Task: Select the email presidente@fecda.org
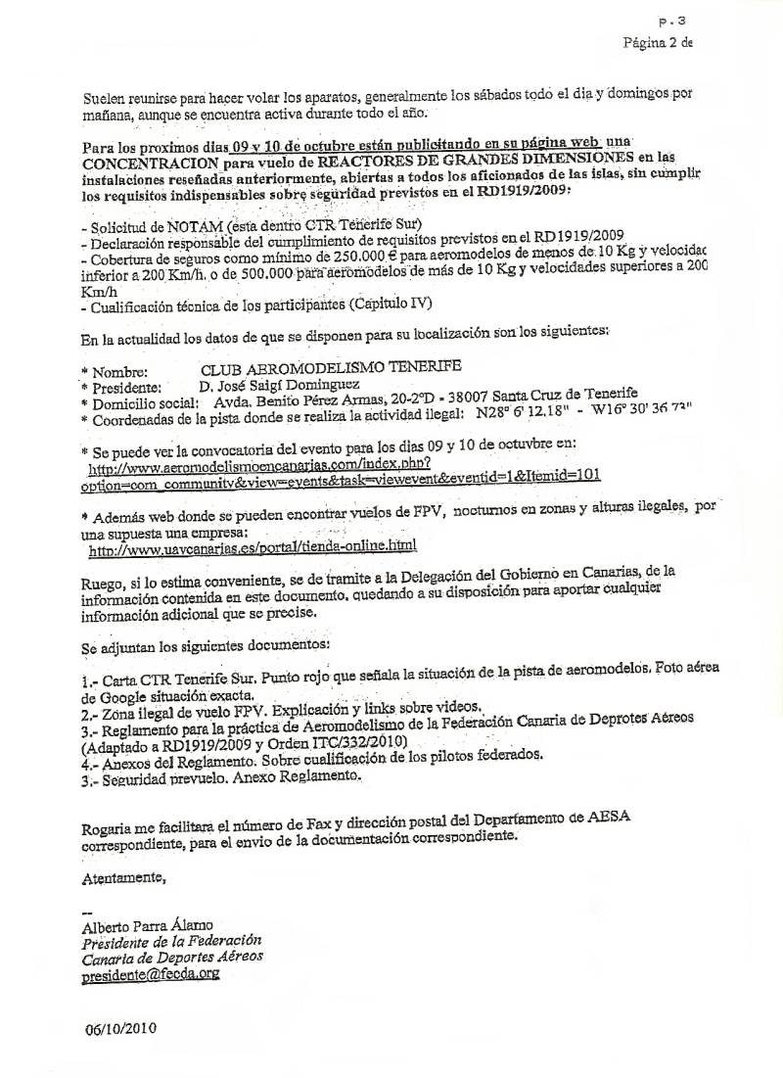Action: [x=152, y=975]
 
